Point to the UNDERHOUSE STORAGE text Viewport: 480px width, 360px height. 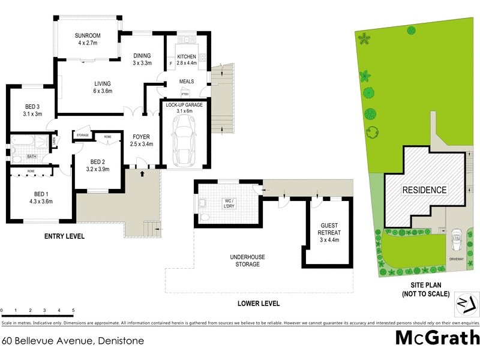248,260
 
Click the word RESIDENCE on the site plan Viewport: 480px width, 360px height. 425,190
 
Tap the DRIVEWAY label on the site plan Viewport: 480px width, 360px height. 457,259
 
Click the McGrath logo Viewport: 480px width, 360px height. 437,338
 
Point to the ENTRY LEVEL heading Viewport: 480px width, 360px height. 65,236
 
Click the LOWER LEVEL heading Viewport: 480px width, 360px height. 259,304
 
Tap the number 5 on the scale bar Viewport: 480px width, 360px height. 73,310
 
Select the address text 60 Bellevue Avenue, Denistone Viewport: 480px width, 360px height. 73,341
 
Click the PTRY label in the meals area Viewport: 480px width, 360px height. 185,94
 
